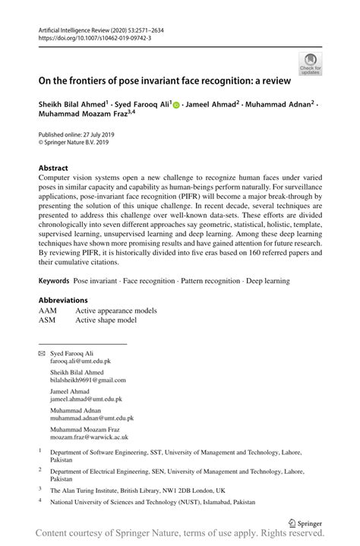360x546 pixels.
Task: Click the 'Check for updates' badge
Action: [309, 64]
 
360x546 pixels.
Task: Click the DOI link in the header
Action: [88, 36]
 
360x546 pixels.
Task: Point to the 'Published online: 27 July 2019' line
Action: [80, 134]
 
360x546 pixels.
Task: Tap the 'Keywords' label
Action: [55, 281]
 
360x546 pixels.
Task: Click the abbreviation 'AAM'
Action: [48, 311]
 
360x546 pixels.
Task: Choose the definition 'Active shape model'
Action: [106, 320]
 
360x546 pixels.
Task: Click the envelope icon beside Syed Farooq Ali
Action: [42, 354]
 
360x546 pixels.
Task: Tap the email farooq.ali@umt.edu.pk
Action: [82, 362]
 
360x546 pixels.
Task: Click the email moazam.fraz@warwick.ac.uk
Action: [89, 437]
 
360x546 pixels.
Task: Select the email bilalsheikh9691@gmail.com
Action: [89, 380]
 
